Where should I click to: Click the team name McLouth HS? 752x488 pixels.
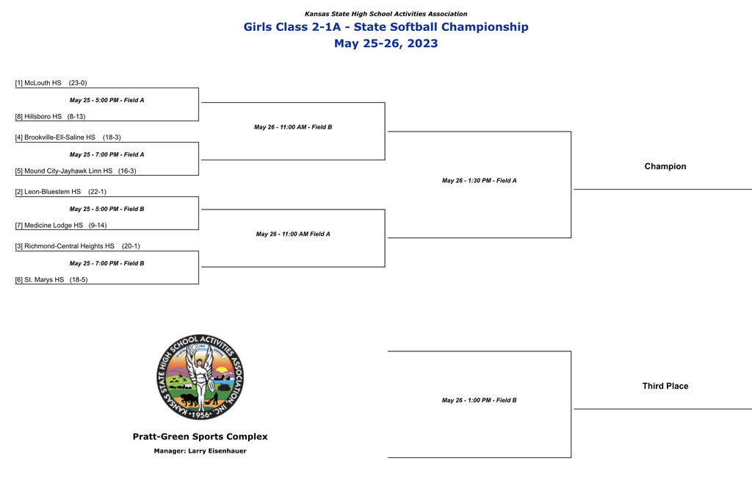[43, 83]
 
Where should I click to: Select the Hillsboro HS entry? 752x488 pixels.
[43, 117]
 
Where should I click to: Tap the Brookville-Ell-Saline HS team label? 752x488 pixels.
[60, 137]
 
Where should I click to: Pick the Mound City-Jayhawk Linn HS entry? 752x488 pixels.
[68, 171]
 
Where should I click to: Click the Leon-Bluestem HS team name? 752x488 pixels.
[53, 192]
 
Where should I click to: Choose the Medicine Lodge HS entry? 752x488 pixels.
[54, 225]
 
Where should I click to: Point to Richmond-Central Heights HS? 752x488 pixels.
[70, 246]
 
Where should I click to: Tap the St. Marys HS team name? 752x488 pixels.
[44, 280]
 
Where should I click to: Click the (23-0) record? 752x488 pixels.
[78, 83]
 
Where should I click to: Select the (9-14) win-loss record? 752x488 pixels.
[98, 225]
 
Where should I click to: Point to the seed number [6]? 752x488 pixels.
[18, 280]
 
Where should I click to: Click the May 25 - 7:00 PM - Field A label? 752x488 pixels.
[107, 154]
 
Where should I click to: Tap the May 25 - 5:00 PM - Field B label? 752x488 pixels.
[107, 209]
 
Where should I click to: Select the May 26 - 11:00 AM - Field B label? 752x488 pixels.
[293, 127]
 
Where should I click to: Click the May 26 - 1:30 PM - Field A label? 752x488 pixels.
[479, 180]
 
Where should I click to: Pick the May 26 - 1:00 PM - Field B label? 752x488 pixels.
[479, 401]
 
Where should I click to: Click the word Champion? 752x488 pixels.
[665, 167]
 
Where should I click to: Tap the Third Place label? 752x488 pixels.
[665, 387]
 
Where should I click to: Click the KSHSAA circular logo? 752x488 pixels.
[200, 377]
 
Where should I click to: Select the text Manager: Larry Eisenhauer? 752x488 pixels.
[200, 451]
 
